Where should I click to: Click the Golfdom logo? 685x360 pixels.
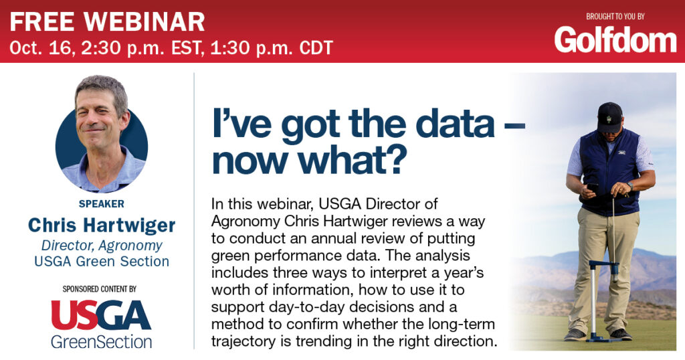pyautogui.click(x=615, y=40)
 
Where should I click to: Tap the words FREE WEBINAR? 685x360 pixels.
pyautogui.click(x=108, y=21)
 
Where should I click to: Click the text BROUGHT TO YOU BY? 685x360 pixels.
pyautogui.click(x=615, y=17)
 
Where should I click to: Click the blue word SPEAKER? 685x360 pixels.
pyautogui.click(x=102, y=204)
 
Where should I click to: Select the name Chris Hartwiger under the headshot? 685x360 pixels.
pyautogui.click(x=102, y=226)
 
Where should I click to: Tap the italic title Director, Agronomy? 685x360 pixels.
pyautogui.click(x=102, y=246)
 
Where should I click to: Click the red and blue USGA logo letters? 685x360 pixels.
pyautogui.click(x=101, y=315)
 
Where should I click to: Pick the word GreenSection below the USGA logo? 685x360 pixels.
pyautogui.click(x=102, y=342)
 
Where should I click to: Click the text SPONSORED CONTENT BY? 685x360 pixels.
pyautogui.click(x=100, y=289)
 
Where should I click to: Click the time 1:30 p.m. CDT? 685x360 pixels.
pyautogui.click(x=272, y=48)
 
